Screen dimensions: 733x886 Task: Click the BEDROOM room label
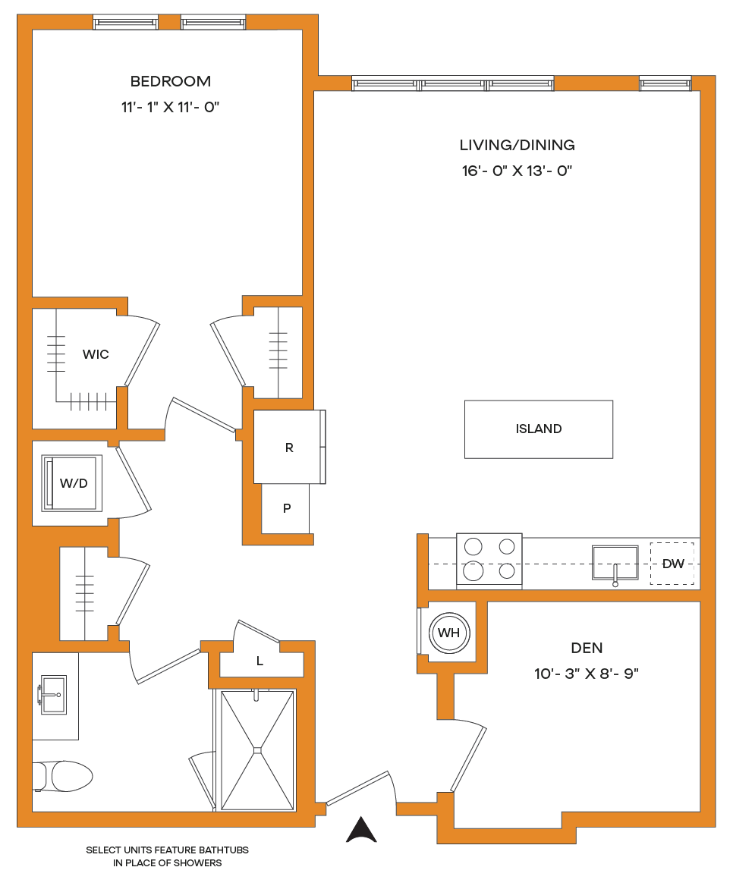click(171, 81)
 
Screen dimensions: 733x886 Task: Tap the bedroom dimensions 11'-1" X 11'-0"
click(170, 107)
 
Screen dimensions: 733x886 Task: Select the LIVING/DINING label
click(517, 145)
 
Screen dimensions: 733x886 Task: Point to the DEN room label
click(587, 648)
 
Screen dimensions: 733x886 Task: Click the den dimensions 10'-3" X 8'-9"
click(587, 674)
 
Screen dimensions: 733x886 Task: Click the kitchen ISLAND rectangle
click(539, 429)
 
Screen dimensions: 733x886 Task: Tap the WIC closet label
click(96, 354)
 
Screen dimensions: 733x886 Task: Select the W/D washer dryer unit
click(72, 483)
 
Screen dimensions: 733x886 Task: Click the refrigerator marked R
click(289, 447)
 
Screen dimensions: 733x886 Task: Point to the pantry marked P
click(286, 508)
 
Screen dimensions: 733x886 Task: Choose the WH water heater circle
click(449, 633)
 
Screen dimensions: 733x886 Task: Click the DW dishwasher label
click(672, 564)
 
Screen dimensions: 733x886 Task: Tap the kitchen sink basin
click(615, 563)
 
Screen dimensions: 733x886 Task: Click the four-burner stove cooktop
click(489, 559)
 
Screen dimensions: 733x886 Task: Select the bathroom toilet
click(62, 776)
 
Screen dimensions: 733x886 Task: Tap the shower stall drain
click(258, 750)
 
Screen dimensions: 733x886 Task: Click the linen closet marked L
click(260, 661)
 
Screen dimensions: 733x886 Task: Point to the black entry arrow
click(361, 830)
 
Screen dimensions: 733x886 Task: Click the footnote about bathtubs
click(167, 856)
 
